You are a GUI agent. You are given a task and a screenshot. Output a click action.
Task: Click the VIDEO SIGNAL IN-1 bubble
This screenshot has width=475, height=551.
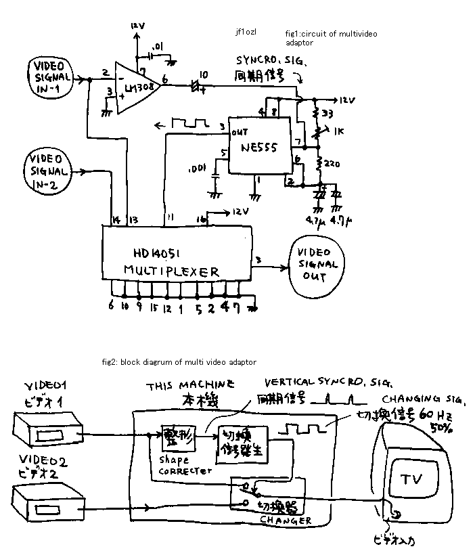click(x=49, y=77)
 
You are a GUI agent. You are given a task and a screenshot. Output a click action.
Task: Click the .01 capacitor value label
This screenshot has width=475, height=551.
click(x=158, y=46)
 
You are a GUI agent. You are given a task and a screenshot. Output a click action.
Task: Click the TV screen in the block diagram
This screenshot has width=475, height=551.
click(x=411, y=479)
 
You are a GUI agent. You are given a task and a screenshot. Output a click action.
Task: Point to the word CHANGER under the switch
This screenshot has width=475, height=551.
click(x=286, y=520)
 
